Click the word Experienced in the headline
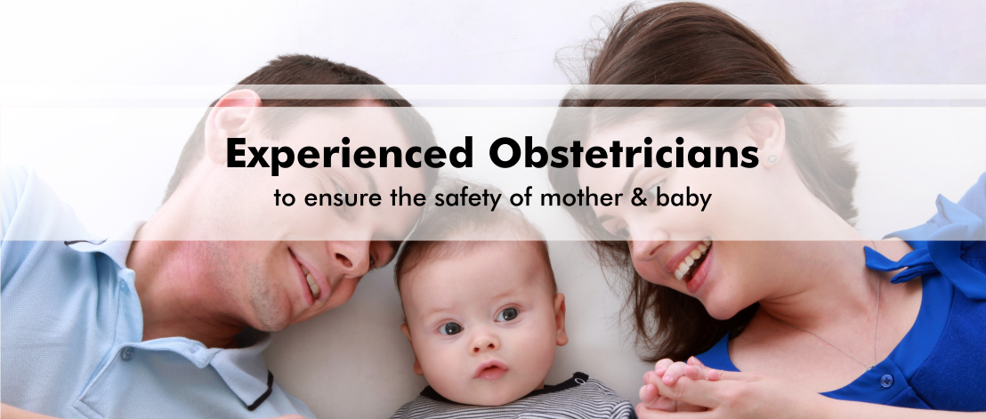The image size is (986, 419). [x=349, y=153]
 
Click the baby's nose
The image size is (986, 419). [x=483, y=341]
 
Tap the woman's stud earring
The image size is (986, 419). [x=772, y=158]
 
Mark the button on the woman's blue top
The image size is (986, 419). [x=886, y=380]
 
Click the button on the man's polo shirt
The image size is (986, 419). [x=127, y=353]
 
